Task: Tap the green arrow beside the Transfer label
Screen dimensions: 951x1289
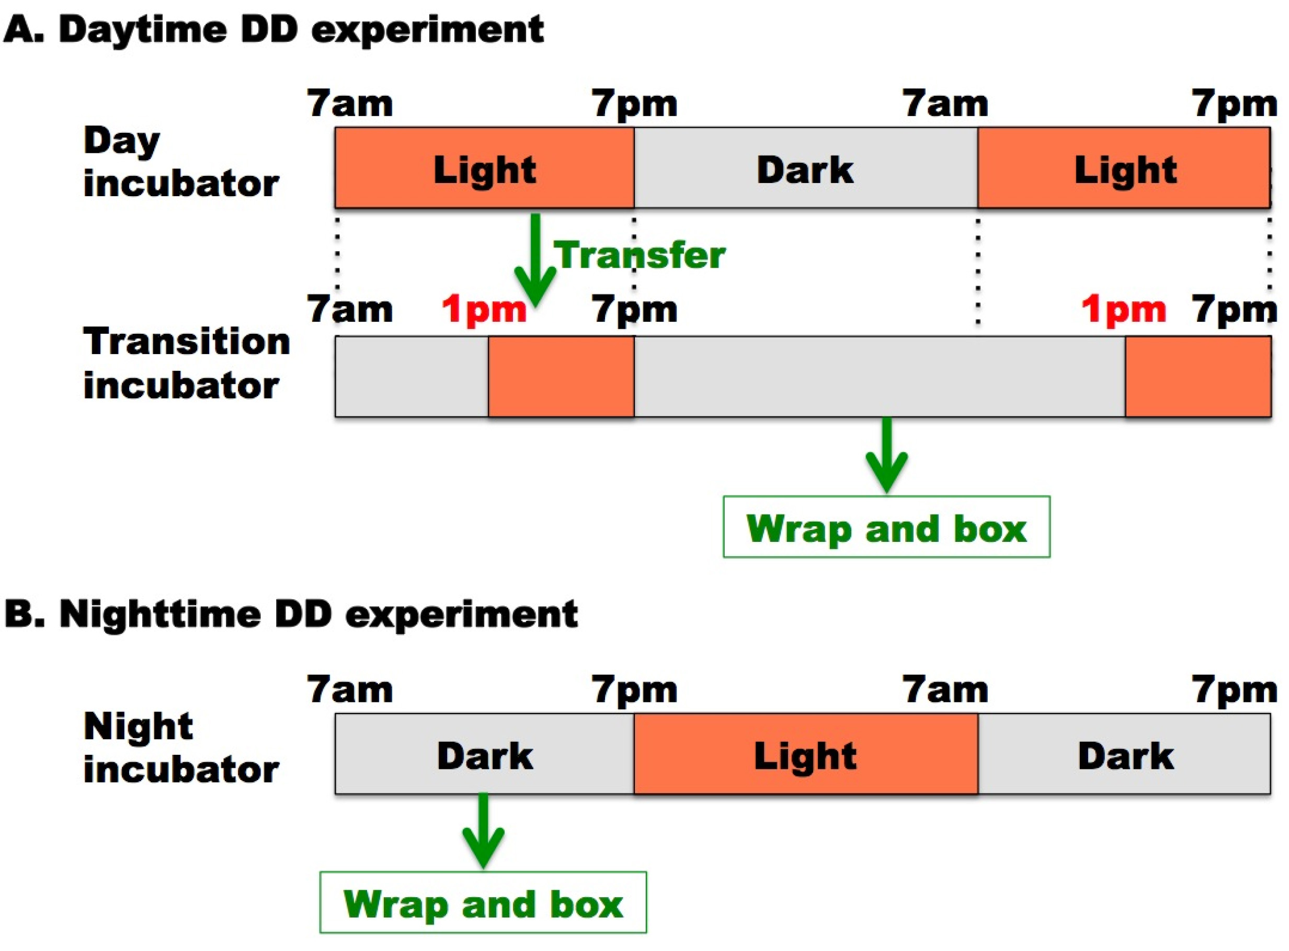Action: point(535,259)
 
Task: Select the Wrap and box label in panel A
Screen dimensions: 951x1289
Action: point(886,527)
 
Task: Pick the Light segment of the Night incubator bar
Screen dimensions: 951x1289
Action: point(806,754)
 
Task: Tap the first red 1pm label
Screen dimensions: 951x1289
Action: point(484,310)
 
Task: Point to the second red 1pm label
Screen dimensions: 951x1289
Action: point(1123,310)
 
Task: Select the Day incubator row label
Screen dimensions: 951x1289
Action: point(180,162)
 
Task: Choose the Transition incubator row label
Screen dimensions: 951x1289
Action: point(186,363)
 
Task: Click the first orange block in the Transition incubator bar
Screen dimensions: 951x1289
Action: point(561,377)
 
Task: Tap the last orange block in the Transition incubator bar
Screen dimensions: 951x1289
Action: point(1198,377)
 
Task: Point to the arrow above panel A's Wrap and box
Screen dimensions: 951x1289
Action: point(886,455)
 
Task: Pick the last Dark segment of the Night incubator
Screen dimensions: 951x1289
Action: point(1124,754)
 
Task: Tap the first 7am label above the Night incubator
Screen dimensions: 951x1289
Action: point(350,689)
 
